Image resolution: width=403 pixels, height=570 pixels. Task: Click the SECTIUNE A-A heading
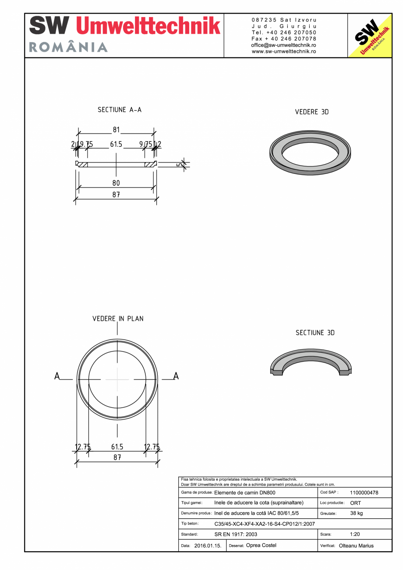pyautogui.click(x=120, y=110)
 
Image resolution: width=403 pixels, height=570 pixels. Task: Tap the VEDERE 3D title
pyautogui.click(x=311, y=112)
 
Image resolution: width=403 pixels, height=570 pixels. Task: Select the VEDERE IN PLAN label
pyautogui.click(x=118, y=319)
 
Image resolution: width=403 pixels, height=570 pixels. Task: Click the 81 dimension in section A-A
pyautogui.click(x=116, y=130)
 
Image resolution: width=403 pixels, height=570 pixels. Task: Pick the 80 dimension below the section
pyautogui.click(x=116, y=183)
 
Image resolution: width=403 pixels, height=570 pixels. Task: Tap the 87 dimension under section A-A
pyautogui.click(x=116, y=195)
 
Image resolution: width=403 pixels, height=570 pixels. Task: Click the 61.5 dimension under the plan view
pyautogui.click(x=117, y=447)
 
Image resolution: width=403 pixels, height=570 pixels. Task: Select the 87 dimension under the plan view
pyautogui.click(x=117, y=457)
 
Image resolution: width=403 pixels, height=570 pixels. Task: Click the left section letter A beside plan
pyautogui.click(x=57, y=376)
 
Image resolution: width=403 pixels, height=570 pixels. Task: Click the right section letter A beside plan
pyautogui.click(x=176, y=376)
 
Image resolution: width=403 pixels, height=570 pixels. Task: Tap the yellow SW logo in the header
pyautogui.click(x=369, y=36)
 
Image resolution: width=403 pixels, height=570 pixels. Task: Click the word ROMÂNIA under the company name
pyautogui.click(x=68, y=47)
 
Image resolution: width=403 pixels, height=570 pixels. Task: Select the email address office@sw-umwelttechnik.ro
pyautogui.click(x=284, y=45)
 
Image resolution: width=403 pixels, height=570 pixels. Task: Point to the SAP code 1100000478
pyautogui.click(x=364, y=492)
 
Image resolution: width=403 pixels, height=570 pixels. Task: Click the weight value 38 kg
pyautogui.click(x=357, y=513)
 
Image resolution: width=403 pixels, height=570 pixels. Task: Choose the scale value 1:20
pyautogui.click(x=355, y=535)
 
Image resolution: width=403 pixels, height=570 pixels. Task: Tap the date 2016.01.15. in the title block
pyautogui.click(x=208, y=546)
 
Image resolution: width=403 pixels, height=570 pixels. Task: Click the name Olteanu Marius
pyautogui.click(x=356, y=546)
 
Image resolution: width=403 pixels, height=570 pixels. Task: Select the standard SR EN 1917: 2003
pyautogui.click(x=236, y=535)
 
